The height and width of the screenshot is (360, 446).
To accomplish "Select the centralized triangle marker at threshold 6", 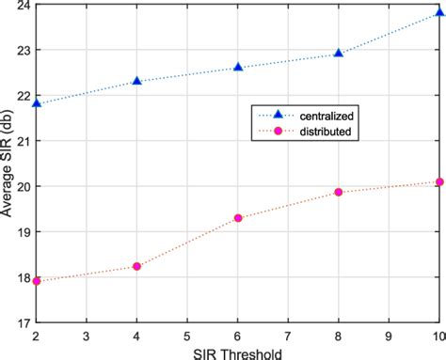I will (x=238, y=67).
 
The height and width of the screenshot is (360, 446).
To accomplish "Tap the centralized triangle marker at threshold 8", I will (x=339, y=54).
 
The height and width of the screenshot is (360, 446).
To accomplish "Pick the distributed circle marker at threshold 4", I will (x=137, y=266).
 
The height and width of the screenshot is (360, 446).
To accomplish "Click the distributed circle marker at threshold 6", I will (x=238, y=218).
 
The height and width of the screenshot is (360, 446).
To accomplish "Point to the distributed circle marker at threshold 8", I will (x=339, y=192).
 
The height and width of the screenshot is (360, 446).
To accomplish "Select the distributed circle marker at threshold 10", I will (x=438, y=182).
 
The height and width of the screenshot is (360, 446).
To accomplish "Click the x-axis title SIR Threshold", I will (x=237, y=352).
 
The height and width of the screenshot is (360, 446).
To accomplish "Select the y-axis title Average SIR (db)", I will (x=8, y=164).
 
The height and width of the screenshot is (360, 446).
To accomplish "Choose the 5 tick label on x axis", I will (x=187, y=335).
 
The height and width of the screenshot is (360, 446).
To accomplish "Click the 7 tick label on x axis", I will (x=288, y=335).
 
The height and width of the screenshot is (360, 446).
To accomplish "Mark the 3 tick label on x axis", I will (x=88, y=335).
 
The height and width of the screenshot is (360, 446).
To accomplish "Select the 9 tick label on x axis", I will (x=389, y=335).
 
